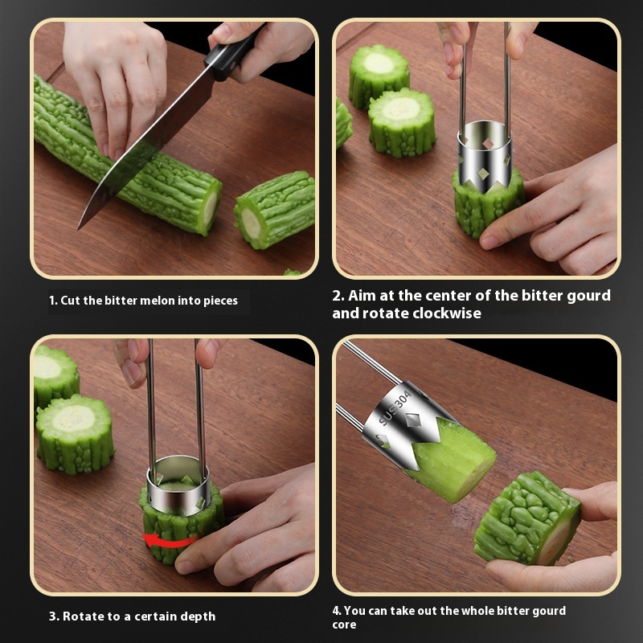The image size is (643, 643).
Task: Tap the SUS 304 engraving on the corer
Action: click(x=395, y=408)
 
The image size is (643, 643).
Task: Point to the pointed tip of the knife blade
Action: click(x=79, y=228)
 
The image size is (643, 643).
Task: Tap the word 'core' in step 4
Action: click(x=344, y=625)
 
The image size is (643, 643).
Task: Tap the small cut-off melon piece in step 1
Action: click(x=274, y=210)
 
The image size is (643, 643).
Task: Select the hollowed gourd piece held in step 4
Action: click(x=528, y=518)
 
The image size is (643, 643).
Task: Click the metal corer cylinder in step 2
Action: click(x=485, y=157)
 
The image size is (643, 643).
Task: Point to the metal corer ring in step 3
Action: click(x=178, y=485)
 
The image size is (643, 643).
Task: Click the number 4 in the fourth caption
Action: click(x=337, y=611)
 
